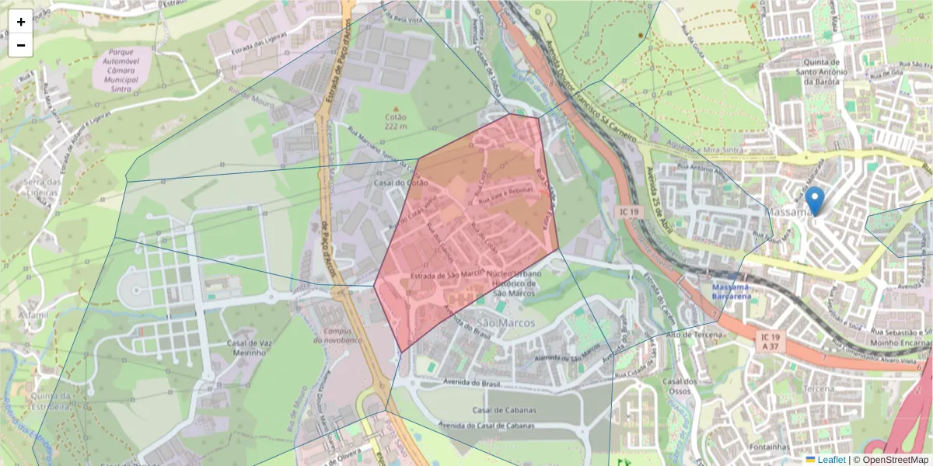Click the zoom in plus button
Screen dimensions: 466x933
click(21, 22)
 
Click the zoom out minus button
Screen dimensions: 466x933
click(21, 45)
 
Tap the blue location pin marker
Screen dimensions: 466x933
click(814, 200)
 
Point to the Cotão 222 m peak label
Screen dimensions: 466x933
click(396, 121)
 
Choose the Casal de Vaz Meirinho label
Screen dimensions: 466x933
click(248, 348)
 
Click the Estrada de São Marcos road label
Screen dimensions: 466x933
click(442, 274)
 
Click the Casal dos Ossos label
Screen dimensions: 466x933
click(679, 386)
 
